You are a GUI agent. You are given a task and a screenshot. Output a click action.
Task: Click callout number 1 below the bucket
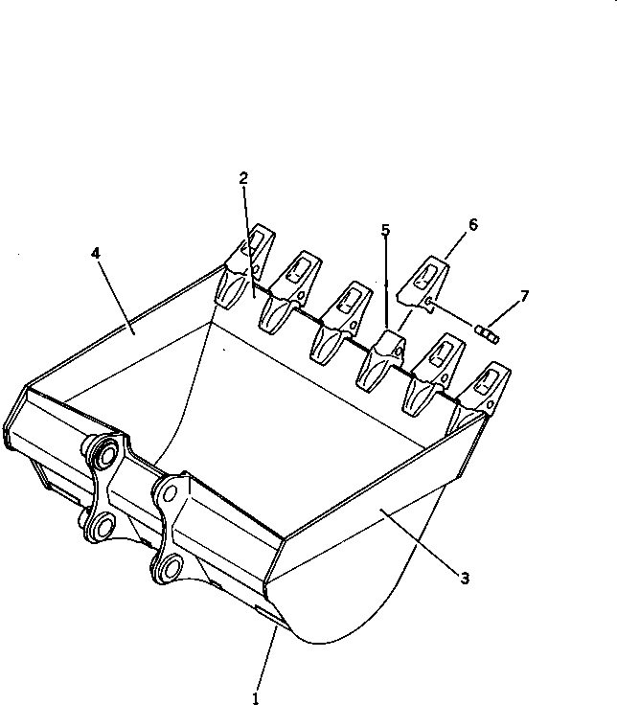pos(256,697)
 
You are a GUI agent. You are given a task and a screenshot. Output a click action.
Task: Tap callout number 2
pos(243,178)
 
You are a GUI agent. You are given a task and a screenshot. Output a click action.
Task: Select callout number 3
pos(464,578)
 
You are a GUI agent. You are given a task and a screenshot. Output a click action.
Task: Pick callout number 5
pos(385,230)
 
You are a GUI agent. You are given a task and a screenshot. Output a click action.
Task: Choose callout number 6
pos(472,224)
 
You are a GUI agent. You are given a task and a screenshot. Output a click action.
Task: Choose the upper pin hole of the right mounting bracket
pos(171,495)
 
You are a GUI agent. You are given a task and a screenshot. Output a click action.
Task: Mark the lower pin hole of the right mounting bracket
pos(170,568)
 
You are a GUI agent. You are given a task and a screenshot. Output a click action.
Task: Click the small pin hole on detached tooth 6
pos(429,304)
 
